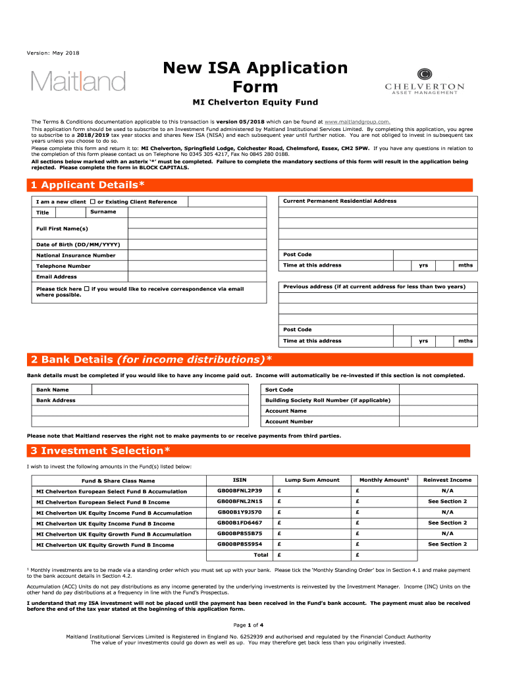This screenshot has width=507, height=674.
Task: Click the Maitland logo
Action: pyautogui.click(x=78, y=81)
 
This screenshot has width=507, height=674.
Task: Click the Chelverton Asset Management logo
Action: pyautogui.click(x=424, y=82)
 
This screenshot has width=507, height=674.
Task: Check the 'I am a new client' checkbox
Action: pyautogui.click(x=92, y=201)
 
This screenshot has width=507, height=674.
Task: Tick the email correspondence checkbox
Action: pyautogui.click(x=87, y=289)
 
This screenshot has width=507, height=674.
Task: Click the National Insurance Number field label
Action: pyautogui.click(x=76, y=255)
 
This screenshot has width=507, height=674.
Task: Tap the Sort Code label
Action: pyautogui.click(x=279, y=390)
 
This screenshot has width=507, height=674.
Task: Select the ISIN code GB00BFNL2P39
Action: pyautogui.click(x=240, y=491)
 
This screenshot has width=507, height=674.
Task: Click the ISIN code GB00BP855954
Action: pyautogui.click(x=240, y=544)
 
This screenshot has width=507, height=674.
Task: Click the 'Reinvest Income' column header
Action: pyautogui.click(x=447, y=480)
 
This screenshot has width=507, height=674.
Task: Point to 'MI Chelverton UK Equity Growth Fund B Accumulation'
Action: pyautogui.click(x=114, y=534)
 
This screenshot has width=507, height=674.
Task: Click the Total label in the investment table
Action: pyautogui.click(x=261, y=555)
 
